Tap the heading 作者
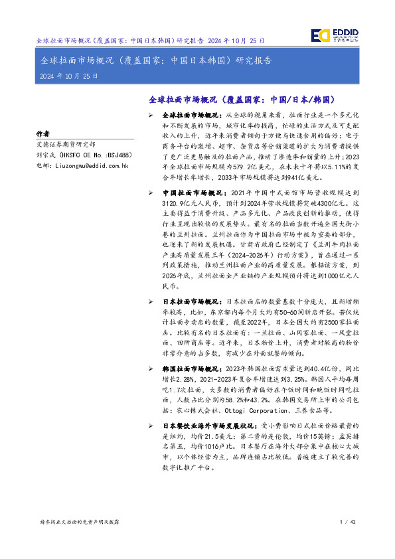[x=42, y=133]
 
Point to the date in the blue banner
[x=69, y=76]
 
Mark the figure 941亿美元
[x=290, y=177]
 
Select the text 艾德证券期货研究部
[x=66, y=143]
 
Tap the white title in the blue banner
[x=156, y=61]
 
